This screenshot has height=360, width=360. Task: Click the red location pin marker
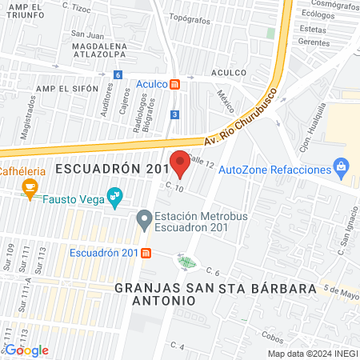180,162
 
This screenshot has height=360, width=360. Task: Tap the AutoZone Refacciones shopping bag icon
342,170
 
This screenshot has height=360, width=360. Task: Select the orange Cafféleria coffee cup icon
30,188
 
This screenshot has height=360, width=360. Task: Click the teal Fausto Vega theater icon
116,194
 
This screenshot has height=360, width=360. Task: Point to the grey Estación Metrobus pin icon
144,217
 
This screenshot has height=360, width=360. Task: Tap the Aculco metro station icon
186,83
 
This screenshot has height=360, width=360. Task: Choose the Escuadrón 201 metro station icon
146,254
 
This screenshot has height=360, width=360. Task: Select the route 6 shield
118,74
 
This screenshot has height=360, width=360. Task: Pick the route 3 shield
174,114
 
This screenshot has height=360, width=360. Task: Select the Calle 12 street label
204,163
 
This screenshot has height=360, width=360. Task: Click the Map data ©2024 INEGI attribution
312,354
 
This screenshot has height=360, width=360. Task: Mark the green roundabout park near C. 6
187,261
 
